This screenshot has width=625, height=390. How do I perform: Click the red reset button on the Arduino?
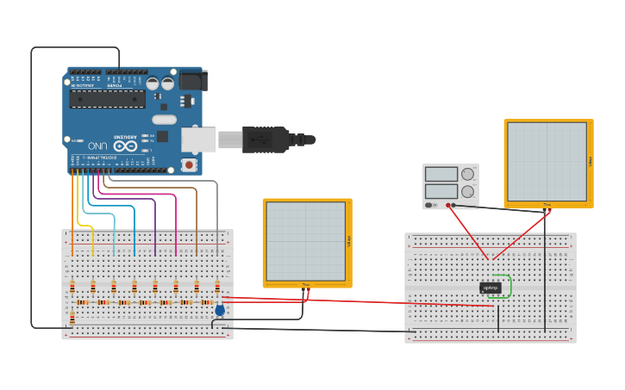point(188,164)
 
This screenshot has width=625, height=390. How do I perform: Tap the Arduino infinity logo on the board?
point(125,145)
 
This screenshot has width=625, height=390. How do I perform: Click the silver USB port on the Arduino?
point(198,139)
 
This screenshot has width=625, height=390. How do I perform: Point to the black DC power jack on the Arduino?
point(191,82)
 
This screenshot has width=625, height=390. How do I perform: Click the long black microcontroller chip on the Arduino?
point(108,99)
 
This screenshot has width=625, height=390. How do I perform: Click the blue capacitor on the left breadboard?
point(220,310)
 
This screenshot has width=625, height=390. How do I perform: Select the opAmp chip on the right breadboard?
point(491,288)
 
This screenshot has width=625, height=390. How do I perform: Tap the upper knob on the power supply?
point(467,174)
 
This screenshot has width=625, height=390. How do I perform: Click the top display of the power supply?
point(441,174)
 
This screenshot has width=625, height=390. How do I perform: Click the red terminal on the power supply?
point(448,205)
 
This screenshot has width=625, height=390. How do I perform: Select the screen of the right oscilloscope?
point(547,162)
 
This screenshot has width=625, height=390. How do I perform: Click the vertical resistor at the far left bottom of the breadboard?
point(72,318)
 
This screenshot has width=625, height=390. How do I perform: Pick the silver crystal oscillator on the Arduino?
point(164,119)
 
